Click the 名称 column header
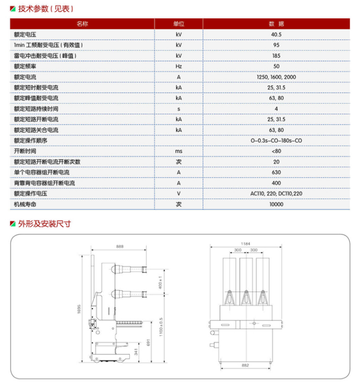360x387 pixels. pyautogui.click(x=82, y=24)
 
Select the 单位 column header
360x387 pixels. pyautogui.click(x=179, y=24)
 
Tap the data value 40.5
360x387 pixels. pyautogui.click(x=276, y=34)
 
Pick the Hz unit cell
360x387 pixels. pyautogui.click(x=179, y=66)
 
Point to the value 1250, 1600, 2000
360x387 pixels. pyautogui.click(x=276, y=77)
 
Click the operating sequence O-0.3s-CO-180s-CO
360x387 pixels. pyautogui.click(x=276, y=141)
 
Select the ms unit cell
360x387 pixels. pyautogui.click(x=179, y=151)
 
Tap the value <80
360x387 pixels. pyautogui.click(x=276, y=151)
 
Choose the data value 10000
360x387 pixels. pyautogui.click(x=276, y=204)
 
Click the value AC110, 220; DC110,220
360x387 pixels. pyautogui.click(x=276, y=193)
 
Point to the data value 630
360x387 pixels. pyautogui.click(x=276, y=172)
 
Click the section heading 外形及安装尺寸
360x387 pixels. pyautogui.click(x=44, y=224)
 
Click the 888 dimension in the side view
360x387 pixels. pyautogui.click(x=120, y=247)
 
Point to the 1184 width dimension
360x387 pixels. pyautogui.click(x=245, y=243)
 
